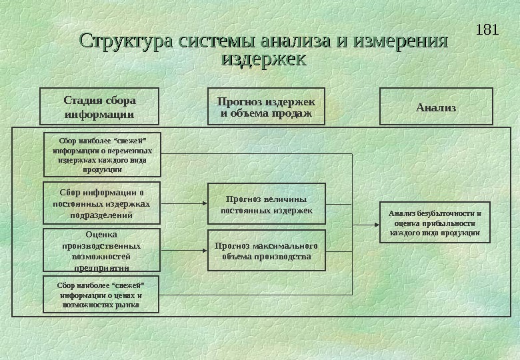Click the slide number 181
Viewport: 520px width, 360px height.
click(489, 30)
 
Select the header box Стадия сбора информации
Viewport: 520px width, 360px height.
click(99, 107)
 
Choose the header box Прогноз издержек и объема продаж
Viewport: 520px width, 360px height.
click(266, 107)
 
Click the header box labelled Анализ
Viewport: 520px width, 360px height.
click(436, 107)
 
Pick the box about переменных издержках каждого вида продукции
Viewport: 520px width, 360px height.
click(103, 155)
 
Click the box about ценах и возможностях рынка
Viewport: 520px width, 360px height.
click(101, 295)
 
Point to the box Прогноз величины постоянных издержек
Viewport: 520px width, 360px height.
click(266, 204)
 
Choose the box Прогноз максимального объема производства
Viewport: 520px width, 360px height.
click(266, 251)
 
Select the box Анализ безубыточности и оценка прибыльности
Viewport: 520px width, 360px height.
click(435, 223)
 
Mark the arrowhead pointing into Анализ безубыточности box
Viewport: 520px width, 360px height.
click(376, 225)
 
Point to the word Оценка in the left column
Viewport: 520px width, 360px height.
click(101, 235)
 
